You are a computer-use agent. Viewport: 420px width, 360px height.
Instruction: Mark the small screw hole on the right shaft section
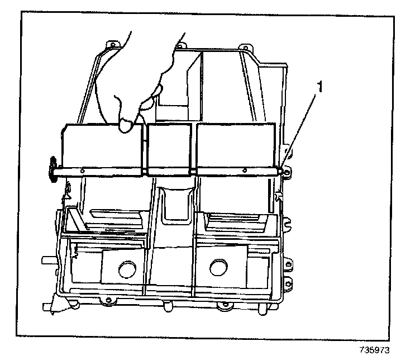245,170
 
